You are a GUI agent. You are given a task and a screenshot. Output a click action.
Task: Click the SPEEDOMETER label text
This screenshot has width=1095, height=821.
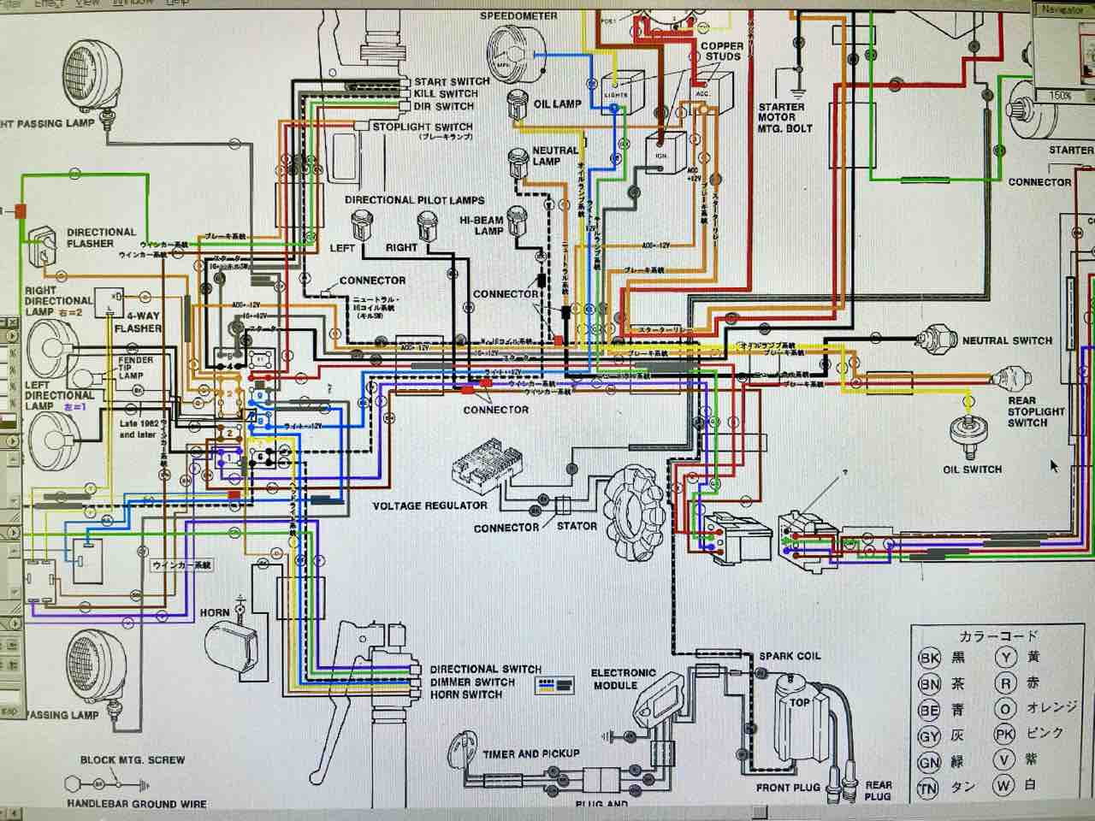pyautogui.click(x=518, y=15)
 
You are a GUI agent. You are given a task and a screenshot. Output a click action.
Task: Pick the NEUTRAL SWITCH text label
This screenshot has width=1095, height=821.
pyautogui.click(x=1007, y=340)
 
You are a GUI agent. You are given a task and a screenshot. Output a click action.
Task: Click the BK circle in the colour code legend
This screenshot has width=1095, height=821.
pyautogui.click(x=929, y=658)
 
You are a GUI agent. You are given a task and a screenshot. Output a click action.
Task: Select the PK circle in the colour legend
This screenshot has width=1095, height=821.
pyautogui.click(x=1005, y=734)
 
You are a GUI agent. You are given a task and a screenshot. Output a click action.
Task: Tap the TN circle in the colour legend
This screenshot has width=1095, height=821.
pyautogui.click(x=929, y=789)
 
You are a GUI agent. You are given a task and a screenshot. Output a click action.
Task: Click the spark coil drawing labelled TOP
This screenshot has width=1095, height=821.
pyautogui.click(x=799, y=714)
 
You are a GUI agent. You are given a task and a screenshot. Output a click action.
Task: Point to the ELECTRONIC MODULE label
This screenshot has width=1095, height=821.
pyautogui.click(x=623, y=679)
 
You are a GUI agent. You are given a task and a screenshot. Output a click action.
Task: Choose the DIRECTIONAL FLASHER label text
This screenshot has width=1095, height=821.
pyautogui.click(x=101, y=238)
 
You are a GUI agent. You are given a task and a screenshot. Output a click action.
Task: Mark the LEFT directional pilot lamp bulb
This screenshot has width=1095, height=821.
pyautogui.click(x=359, y=226)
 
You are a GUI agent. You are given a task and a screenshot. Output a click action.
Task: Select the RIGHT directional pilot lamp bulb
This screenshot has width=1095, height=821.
pyautogui.click(x=425, y=226)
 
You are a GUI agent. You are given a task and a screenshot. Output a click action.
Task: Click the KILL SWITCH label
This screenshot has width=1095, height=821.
pyautogui.click(x=445, y=93)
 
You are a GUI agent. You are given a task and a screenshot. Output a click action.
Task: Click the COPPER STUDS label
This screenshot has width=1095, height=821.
pyautogui.click(x=721, y=51)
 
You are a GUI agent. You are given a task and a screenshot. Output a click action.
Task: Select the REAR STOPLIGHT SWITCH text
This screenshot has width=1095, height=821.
pyautogui.click(x=1035, y=411)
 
